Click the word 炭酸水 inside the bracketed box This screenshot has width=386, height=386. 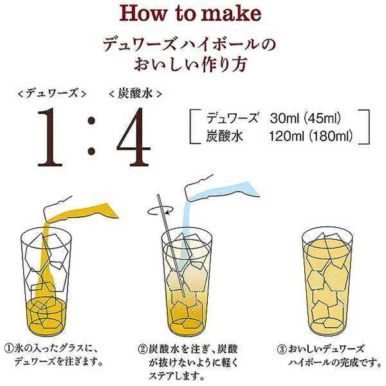click(x=223, y=136)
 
